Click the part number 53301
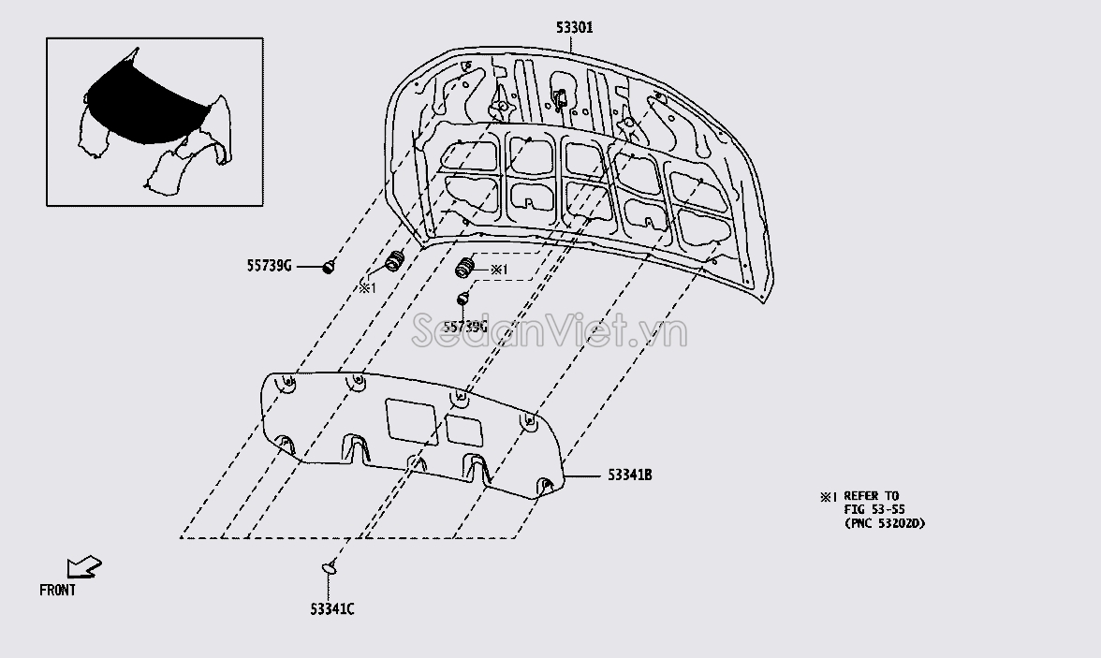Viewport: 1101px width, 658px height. pos(575,27)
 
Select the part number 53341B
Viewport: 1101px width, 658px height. pos(630,475)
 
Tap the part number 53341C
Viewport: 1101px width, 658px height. pos(332,608)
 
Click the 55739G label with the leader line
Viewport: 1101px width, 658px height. pos(269,266)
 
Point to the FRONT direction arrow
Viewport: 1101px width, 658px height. pos(84,566)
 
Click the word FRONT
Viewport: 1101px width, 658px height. pos(58,591)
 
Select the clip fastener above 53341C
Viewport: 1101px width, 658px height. pos(330,566)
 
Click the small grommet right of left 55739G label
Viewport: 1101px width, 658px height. pos(328,267)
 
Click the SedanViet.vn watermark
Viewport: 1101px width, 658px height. pos(549,330)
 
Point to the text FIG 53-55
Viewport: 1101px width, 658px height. pos(874,510)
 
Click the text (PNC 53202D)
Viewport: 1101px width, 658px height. pos(885,523)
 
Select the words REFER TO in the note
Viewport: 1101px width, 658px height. pos(872,496)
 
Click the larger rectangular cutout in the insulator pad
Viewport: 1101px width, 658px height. pos(412,421)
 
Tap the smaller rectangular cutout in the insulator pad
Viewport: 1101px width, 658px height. pos(464,431)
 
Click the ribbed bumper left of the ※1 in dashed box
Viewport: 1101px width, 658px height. pos(464,268)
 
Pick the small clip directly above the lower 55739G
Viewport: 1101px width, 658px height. pos(462,300)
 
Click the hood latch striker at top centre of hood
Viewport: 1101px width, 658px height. pos(560,97)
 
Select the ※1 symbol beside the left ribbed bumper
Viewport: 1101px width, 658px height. pos(368,287)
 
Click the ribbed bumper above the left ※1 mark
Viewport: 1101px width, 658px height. pos(395,261)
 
